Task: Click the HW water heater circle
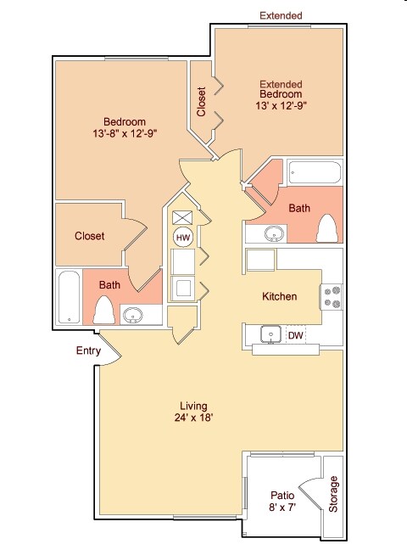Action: pyautogui.click(x=183, y=238)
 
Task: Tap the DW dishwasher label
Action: pyautogui.click(x=296, y=335)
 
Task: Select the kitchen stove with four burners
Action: pyautogui.click(x=331, y=297)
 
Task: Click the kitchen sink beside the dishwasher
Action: pyautogui.click(x=270, y=334)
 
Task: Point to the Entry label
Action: pyautogui.click(x=88, y=351)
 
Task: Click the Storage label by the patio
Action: pyautogui.click(x=333, y=494)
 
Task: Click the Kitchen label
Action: pyautogui.click(x=280, y=296)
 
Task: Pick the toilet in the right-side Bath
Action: pyautogui.click(x=327, y=228)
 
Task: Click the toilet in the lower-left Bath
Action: pyautogui.click(x=104, y=310)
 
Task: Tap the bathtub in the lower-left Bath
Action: pyautogui.click(x=69, y=297)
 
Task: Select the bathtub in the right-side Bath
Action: pyautogui.click(x=315, y=172)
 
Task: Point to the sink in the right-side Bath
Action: pyautogui.click(x=274, y=234)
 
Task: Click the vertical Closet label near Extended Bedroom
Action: pyautogui.click(x=201, y=102)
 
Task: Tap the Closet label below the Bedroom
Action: pyautogui.click(x=89, y=236)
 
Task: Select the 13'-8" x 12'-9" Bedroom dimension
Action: pyautogui.click(x=125, y=133)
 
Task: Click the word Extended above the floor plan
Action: pyautogui.click(x=281, y=15)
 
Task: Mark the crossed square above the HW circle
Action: pyautogui.click(x=182, y=217)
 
